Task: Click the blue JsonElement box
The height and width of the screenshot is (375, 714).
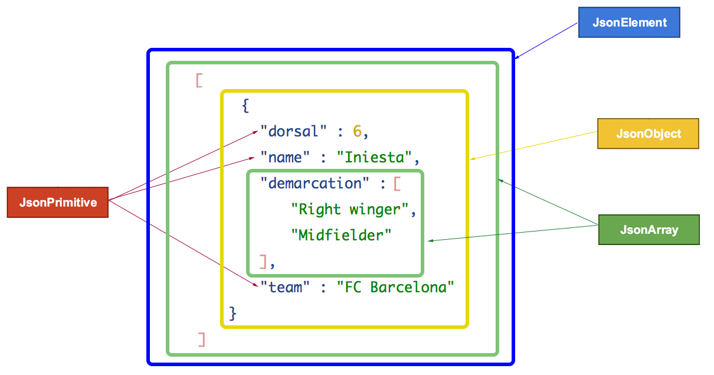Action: tap(629, 23)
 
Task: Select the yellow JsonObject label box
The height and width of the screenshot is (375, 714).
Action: tap(648, 133)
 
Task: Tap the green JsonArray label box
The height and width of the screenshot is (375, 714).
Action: tap(649, 230)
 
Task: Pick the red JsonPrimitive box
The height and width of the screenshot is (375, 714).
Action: tap(57, 203)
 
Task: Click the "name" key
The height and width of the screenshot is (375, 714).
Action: tap(285, 158)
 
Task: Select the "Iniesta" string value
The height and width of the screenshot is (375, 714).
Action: tap(374, 158)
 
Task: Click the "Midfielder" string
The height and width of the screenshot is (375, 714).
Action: tap(342, 235)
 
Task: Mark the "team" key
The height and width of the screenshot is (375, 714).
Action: tap(285, 287)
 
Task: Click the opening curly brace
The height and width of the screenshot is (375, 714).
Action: tap(245, 106)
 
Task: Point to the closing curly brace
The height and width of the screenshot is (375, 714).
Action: tap(232, 312)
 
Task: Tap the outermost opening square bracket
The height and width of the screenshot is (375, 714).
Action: tap(199, 80)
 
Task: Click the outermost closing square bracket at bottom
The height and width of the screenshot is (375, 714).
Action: tap(202, 339)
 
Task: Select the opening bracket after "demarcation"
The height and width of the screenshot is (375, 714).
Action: tap(397, 183)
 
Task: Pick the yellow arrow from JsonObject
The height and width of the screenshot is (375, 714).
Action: tap(534, 146)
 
